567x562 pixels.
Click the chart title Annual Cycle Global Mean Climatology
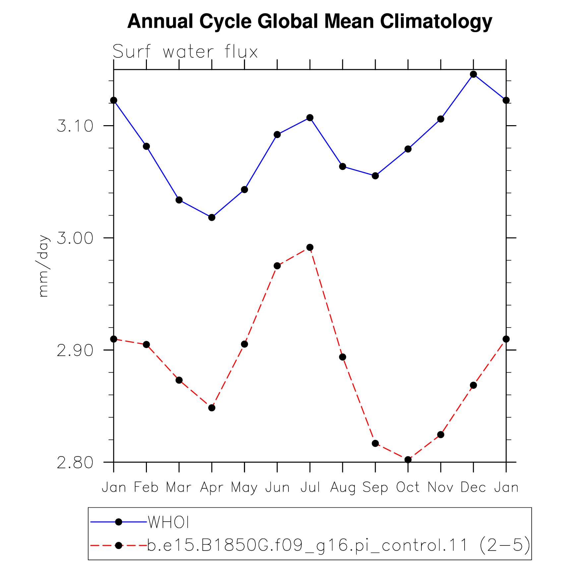pos(310,22)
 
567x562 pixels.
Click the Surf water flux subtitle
pos(185,52)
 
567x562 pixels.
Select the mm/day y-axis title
pos(43,266)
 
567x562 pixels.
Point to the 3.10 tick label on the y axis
pos(75,126)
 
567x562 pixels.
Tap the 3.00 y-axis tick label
pos(75,238)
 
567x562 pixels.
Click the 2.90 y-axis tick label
pos(75,350)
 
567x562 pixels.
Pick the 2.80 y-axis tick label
pos(75,462)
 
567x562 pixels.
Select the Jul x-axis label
pos(310,487)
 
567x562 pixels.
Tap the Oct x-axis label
pos(408,487)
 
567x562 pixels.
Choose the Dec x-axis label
pos(473,487)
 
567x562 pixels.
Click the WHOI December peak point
pos(473,74)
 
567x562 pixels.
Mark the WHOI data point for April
pos(212,218)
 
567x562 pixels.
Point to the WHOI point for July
pos(310,118)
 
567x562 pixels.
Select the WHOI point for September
pos(375,176)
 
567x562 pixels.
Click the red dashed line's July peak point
pos(310,247)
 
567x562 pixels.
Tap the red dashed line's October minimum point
pos(408,460)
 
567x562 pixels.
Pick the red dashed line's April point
pos(212,408)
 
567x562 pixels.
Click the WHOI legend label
pos(168,523)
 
